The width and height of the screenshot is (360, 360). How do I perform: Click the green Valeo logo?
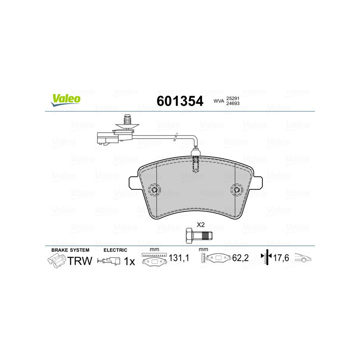66,100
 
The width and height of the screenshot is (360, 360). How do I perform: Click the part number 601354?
180,101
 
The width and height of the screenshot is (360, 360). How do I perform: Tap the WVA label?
219,101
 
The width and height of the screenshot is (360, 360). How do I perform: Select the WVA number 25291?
233,98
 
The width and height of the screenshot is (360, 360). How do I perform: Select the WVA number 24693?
233,103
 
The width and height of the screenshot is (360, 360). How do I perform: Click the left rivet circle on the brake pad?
154,189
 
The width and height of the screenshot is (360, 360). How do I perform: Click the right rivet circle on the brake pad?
237,189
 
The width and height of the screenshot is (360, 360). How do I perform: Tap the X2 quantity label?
201,225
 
